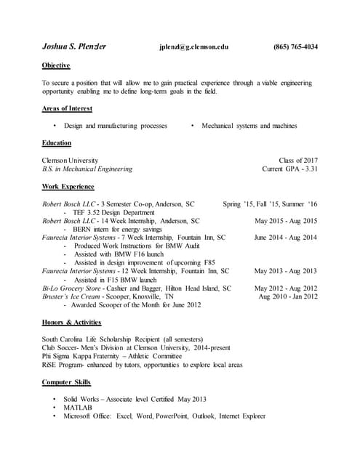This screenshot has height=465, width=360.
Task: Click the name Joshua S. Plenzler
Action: click(74, 47)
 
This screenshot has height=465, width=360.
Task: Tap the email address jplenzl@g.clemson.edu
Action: click(193, 47)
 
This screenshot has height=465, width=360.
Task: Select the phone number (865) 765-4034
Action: click(295, 47)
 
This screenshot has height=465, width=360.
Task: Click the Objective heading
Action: click(56, 65)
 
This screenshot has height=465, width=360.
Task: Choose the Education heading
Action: click(57, 143)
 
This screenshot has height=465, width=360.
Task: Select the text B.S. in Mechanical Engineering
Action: click(87, 169)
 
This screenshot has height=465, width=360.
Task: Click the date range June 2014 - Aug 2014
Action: click(286, 238)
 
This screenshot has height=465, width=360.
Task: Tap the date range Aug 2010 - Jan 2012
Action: click(288, 296)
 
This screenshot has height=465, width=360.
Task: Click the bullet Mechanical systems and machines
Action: click(249, 126)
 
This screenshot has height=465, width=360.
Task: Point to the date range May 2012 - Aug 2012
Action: click(286, 288)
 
